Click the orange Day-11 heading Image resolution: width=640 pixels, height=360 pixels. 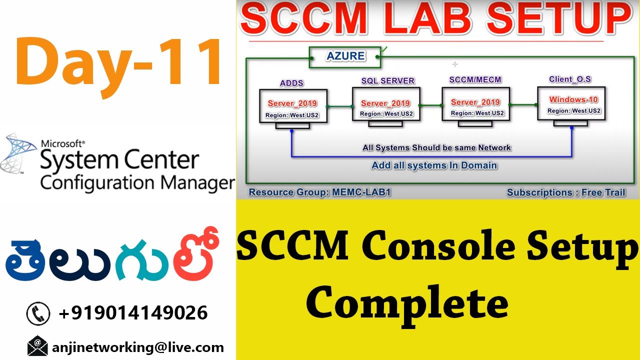[119, 63]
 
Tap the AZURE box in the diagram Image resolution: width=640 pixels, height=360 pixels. [345, 56]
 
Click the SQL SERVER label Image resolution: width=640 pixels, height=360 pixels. [388, 80]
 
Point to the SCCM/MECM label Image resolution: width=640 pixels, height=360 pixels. [475, 79]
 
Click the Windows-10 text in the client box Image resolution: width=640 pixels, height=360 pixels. [573, 99]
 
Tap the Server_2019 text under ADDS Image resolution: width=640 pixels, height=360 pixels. [292, 103]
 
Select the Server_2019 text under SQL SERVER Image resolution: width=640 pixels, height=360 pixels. [385, 103]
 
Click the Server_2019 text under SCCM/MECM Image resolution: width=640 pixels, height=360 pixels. [475, 102]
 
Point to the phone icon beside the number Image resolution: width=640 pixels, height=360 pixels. [38, 313]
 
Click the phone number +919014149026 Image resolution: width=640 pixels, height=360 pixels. [133, 313]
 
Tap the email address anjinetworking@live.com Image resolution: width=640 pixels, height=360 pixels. [138, 347]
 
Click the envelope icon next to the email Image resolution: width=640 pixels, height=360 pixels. [37, 346]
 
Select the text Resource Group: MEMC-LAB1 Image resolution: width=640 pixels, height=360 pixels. [319, 192]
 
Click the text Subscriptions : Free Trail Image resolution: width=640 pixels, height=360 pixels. [566, 192]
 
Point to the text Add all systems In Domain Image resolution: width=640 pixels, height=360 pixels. [434, 165]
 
